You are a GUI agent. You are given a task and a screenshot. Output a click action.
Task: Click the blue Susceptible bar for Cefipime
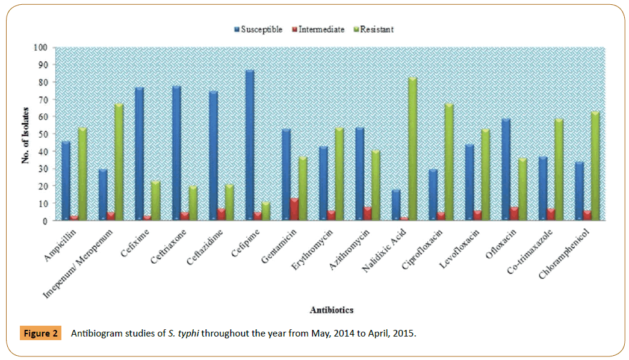point(250,145)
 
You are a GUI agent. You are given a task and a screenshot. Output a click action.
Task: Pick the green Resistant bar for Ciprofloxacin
point(449,162)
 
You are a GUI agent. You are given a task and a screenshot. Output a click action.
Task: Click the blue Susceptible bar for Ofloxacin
point(506,169)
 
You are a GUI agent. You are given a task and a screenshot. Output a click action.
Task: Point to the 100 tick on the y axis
point(42,48)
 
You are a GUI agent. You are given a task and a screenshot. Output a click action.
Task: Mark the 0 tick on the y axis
point(45,221)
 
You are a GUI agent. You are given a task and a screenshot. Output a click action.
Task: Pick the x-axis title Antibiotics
point(331,310)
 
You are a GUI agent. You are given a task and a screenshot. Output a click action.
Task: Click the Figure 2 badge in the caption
point(42,333)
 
